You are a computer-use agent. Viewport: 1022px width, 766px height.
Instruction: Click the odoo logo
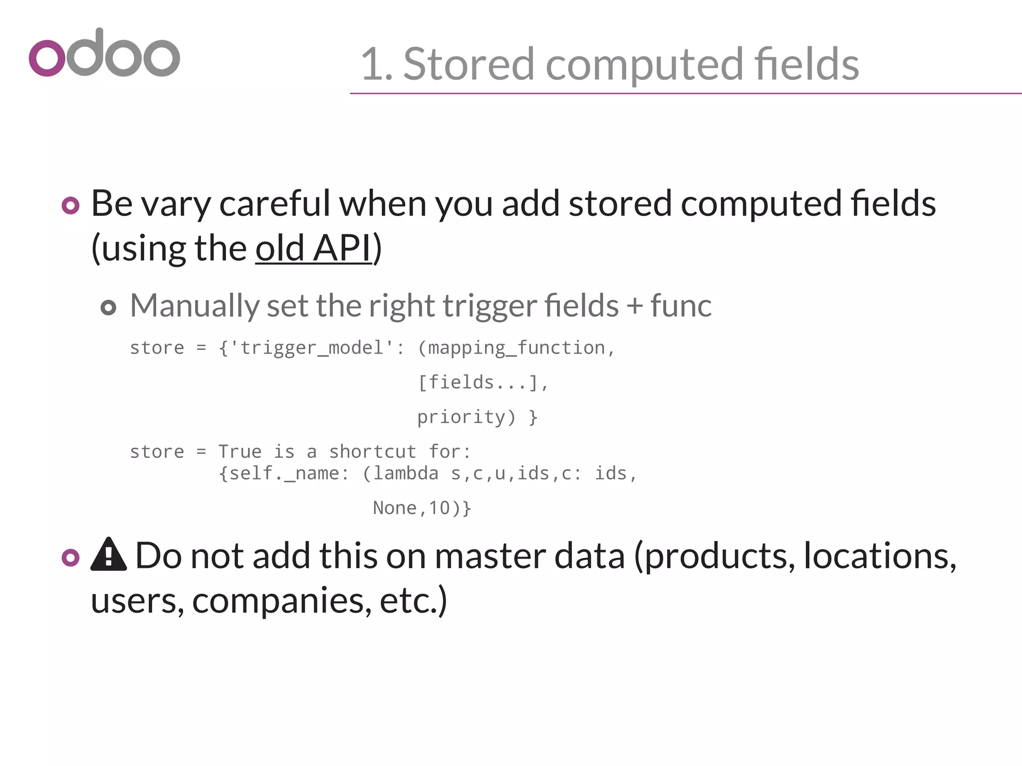click(x=104, y=53)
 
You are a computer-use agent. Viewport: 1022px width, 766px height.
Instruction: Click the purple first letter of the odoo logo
click(x=47, y=58)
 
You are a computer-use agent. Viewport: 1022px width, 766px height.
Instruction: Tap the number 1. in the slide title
click(x=377, y=65)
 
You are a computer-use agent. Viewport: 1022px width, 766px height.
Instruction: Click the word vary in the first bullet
click(x=176, y=204)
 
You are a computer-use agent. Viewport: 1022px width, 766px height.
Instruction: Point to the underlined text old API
click(x=314, y=248)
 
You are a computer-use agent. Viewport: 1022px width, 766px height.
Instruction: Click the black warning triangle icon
click(x=108, y=555)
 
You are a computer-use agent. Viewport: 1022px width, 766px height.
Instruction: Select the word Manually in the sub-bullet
click(x=194, y=306)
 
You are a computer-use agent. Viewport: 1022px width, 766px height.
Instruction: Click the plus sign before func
click(x=634, y=306)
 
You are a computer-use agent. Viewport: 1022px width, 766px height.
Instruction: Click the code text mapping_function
click(x=516, y=348)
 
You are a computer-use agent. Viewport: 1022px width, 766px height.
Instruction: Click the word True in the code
click(x=240, y=452)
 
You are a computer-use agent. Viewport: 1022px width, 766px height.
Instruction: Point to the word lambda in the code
click(x=406, y=473)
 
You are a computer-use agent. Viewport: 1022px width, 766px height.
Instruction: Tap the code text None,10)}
click(x=422, y=508)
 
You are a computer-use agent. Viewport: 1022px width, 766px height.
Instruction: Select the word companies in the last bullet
click(x=281, y=600)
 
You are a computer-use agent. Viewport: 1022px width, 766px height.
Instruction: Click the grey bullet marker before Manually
click(x=108, y=307)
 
